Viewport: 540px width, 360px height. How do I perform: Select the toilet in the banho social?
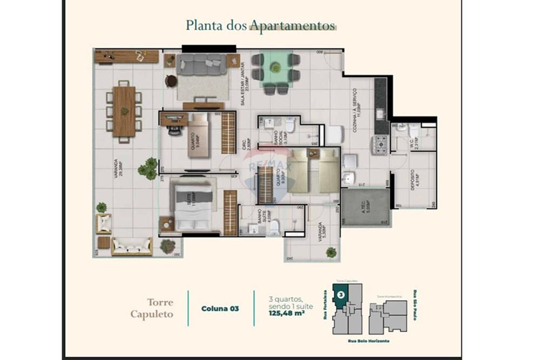290,126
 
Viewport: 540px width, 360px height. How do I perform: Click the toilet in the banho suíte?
274,228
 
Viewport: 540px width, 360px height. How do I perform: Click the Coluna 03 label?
220,309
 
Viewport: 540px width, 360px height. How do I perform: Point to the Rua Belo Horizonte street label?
369,341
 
